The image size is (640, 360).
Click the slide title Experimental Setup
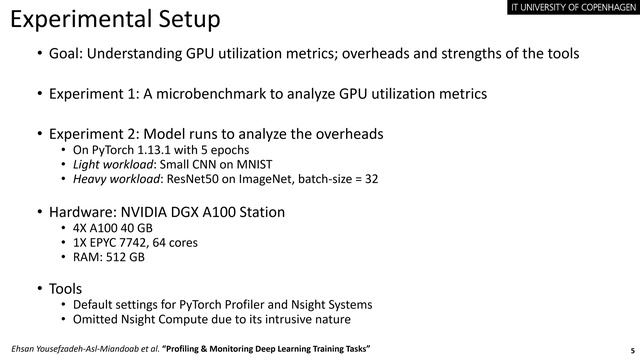click(x=115, y=20)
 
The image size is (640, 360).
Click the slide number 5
click(x=631, y=350)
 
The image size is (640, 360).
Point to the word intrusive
click(x=285, y=320)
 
